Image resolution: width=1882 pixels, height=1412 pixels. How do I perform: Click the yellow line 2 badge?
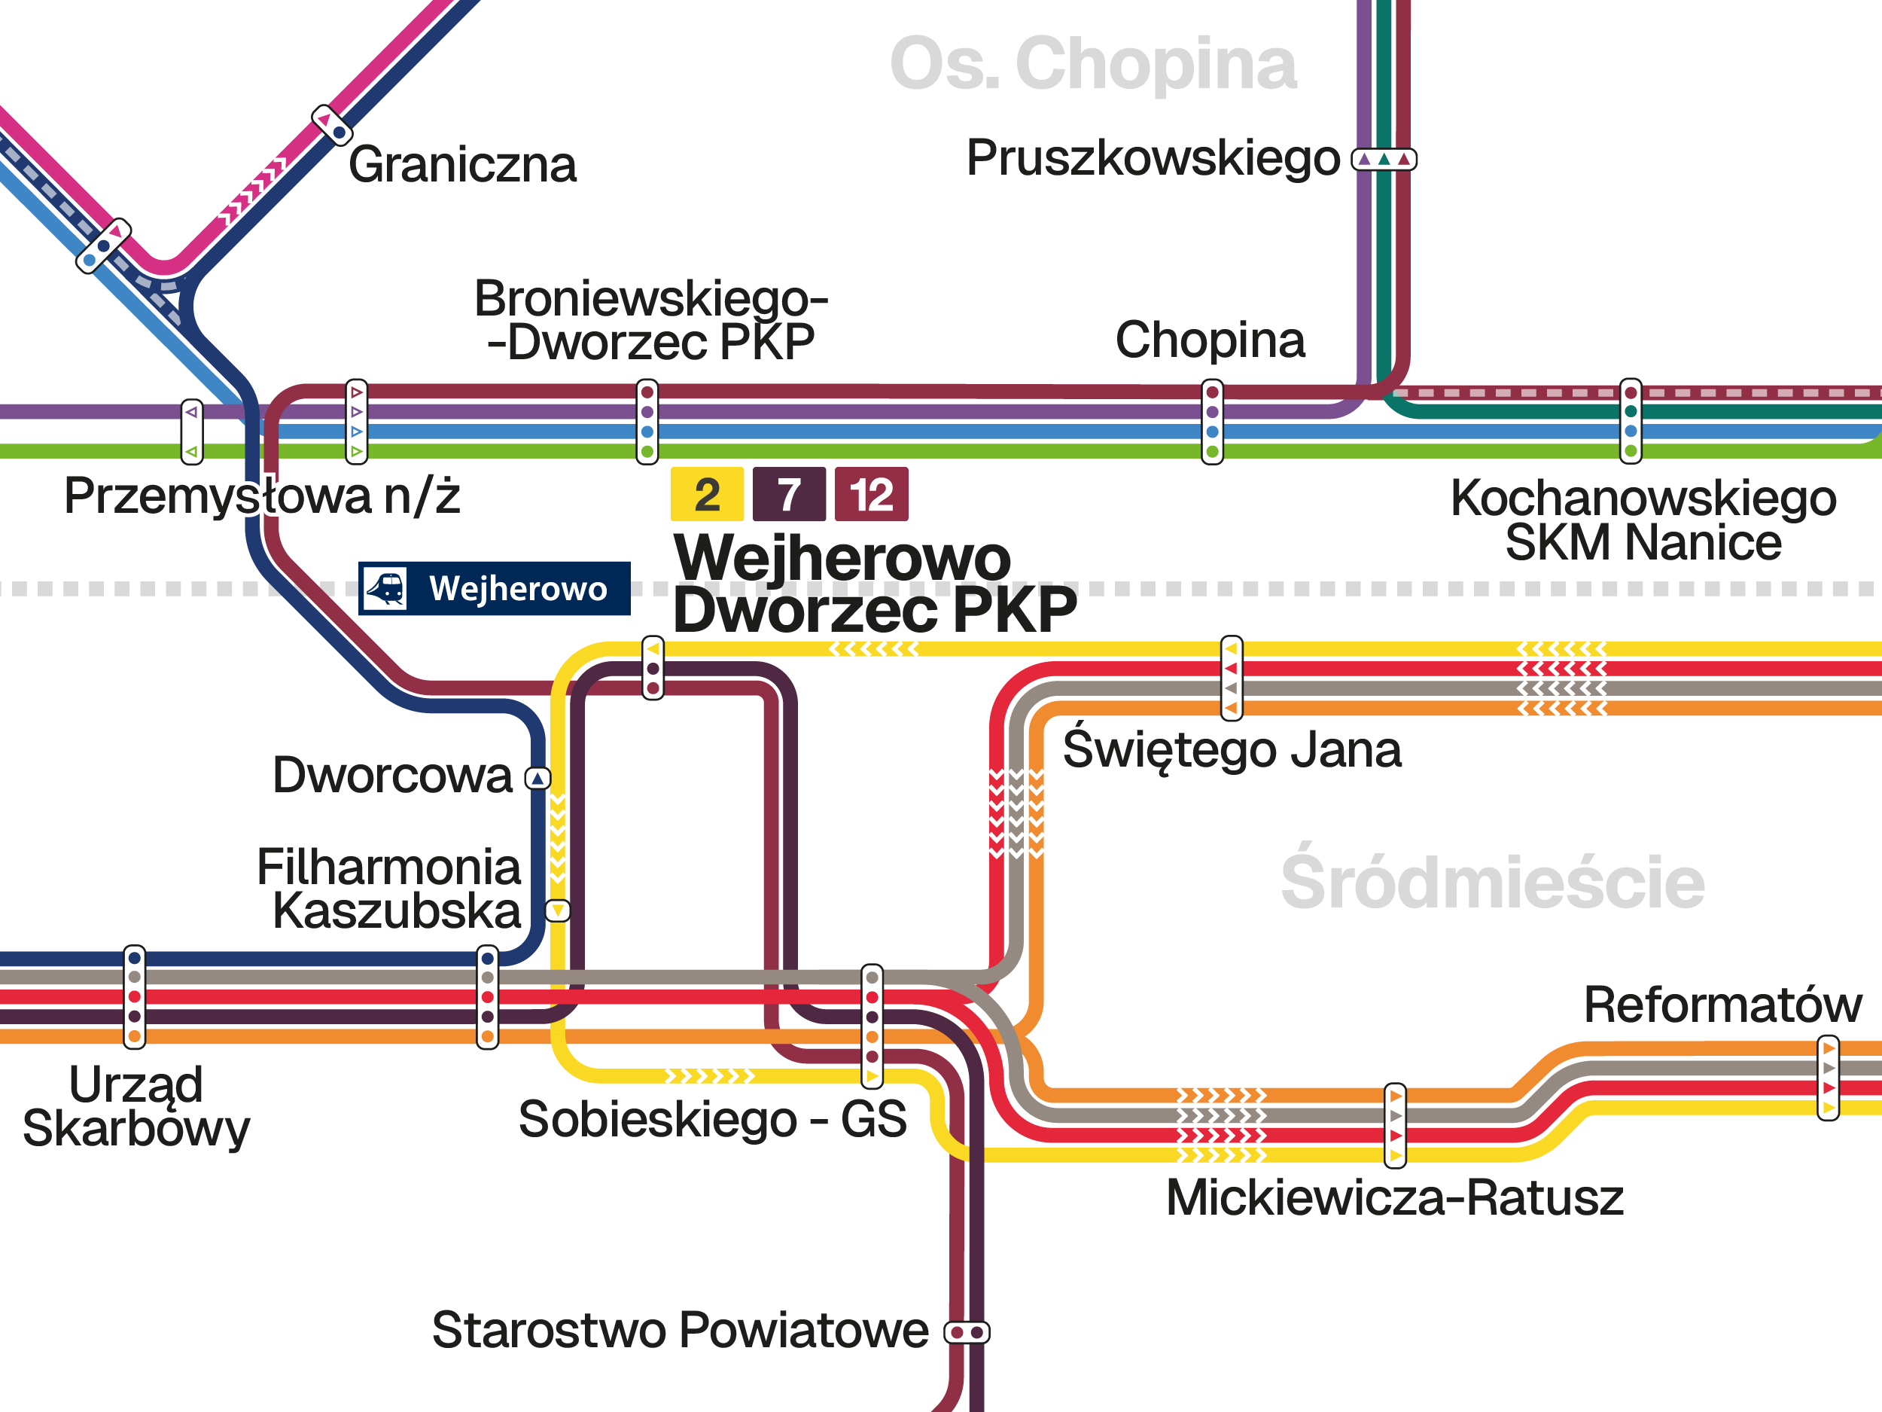click(x=706, y=494)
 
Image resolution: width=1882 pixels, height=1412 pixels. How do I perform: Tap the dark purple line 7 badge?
click(x=789, y=494)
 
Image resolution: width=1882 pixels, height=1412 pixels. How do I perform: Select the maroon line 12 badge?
click(x=871, y=494)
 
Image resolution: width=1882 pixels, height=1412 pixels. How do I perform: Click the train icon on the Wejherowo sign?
click(x=385, y=588)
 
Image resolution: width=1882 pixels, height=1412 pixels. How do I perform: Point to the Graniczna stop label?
click(x=462, y=164)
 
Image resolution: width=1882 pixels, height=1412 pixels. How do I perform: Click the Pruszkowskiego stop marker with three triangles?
click(x=1384, y=159)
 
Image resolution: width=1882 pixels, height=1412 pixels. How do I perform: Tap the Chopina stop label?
click(x=1209, y=340)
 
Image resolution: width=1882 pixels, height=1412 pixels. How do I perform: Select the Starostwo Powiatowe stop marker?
click(x=967, y=1332)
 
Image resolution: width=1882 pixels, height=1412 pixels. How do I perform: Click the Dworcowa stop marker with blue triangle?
click(x=537, y=778)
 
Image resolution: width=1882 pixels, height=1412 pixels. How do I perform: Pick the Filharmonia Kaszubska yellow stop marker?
click(x=557, y=910)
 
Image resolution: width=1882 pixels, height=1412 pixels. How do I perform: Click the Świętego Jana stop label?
click(x=1231, y=749)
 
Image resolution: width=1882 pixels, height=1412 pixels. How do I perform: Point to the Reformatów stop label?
click(x=1722, y=1005)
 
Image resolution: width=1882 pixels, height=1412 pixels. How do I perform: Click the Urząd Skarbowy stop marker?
click(x=135, y=996)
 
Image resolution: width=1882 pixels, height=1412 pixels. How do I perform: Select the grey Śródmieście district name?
click(x=1492, y=883)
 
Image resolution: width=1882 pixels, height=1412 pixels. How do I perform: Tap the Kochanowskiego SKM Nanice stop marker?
click(x=1630, y=421)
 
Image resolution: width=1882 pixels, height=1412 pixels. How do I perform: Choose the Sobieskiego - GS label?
click(x=712, y=1118)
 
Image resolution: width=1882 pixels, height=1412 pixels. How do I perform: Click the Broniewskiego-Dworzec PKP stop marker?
click(x=647, y=421)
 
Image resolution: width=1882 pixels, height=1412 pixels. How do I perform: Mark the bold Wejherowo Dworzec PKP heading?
click(x=874, y=584)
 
